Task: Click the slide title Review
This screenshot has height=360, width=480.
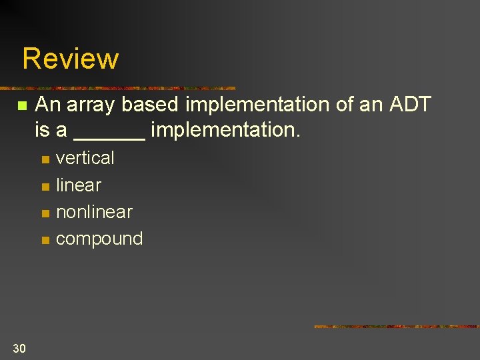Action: pyautogui.click(x=70, y=59)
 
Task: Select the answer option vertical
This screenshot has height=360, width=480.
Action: pyautogui.click(x=85, y=158)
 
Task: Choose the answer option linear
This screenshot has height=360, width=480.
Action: pyautogui.click(x=79, y=185)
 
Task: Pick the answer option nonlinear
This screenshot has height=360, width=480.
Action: pyautogui.click(x=94, y=212)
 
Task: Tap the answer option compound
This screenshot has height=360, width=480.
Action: pyautogui.click(x=99, y=239)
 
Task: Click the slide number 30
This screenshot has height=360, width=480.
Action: pyautogui.click(x=19, y=347)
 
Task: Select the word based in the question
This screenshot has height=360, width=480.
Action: pyautogui.click(x=151, y=105)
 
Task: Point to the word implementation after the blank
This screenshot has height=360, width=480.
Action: pyautogui.click(x=225, y=130)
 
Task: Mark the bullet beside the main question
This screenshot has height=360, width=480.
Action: pyautogui.click(x=22, y=106)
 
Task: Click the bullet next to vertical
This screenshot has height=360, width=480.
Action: pyautogui.click(x=45, y=159)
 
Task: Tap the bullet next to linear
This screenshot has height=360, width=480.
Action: pyautogui.click(x=45, y=187)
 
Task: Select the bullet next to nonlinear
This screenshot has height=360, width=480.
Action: pyautogui.click(x=45, y=213)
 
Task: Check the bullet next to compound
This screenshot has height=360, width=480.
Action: pyautogui.click(x=45, y=240)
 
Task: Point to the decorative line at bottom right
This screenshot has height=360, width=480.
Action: pyautogui.click(x=396, y=327)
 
